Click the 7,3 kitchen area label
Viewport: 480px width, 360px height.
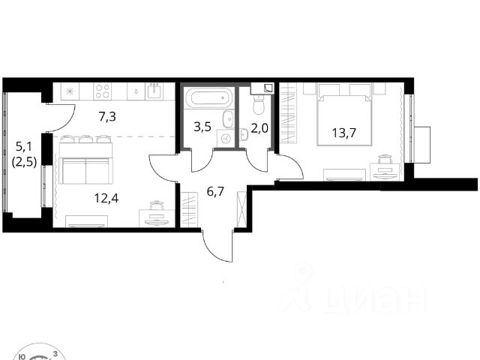pos(107,117)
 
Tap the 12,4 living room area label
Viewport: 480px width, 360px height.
pos(106,198)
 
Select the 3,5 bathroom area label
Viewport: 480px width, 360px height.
pos(202,127)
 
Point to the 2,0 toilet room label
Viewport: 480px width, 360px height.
pos(259,128)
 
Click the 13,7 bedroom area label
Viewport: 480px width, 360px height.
pos(344,133)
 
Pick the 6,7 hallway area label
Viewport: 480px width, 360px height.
pos(215,192)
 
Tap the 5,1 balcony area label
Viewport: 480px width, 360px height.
pos(23,147)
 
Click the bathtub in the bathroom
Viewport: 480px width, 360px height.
pos(209,98)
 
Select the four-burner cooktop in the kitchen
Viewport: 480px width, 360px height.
pos(103,91)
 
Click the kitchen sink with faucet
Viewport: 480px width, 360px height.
pos(155,91)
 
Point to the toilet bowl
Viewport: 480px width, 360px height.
pos(259,105)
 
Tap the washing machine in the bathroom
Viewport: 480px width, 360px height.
pos(226,138)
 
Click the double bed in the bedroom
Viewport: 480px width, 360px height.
pos(344,120)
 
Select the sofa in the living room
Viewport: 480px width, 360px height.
pos(86,171)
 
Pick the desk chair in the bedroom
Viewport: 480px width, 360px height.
pos(385,160)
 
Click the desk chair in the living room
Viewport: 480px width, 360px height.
pos(157,205)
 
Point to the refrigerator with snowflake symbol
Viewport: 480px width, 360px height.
pos(70,91)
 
